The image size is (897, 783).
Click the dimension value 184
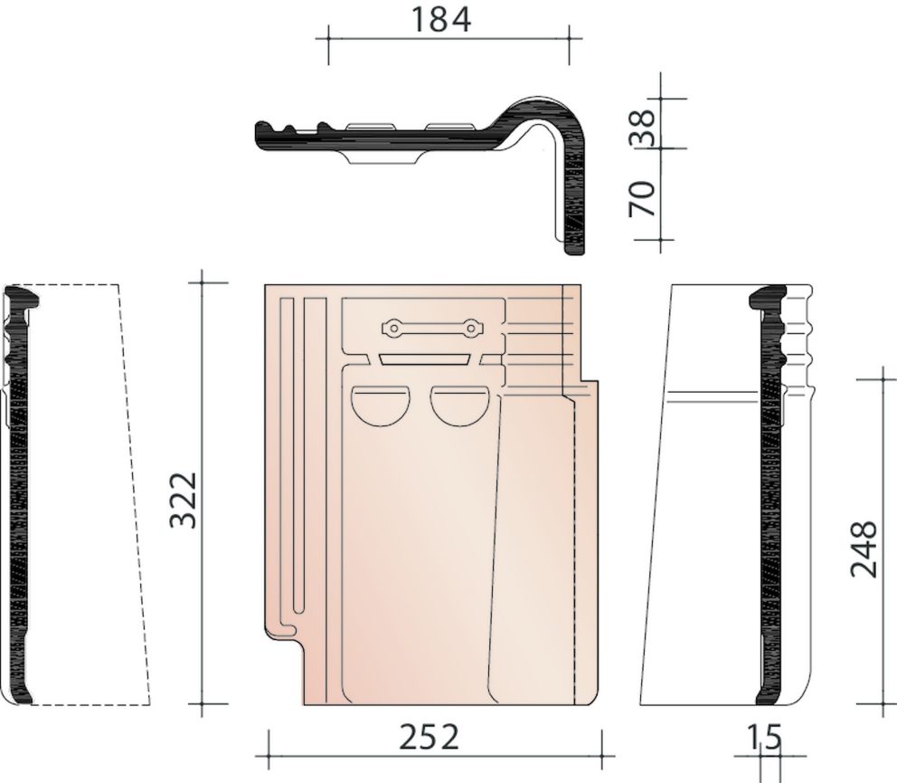[x=441, y=20]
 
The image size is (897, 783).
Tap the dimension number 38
[x=642, y=127]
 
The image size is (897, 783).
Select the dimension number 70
[x=642, y=199]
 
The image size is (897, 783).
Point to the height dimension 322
[x=184, y=500]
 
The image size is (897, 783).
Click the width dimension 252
[x=429, y=737]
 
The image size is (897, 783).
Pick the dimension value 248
[x=864, y=549]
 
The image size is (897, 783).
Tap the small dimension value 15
[x=764, y=737]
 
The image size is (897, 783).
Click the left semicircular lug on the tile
[x=381, y=406]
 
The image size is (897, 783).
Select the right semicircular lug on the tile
[x=459, y=406]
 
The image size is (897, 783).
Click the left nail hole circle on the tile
[x=393, y=329]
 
